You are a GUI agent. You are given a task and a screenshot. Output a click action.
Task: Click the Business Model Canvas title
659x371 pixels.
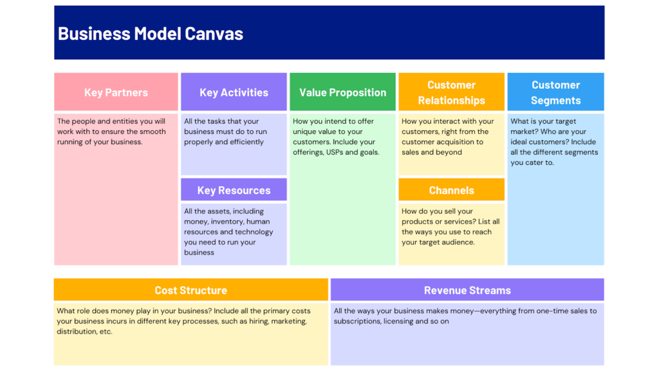[x=151, y=33]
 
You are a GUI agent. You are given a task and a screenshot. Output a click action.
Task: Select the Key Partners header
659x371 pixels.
[x=116, y=92]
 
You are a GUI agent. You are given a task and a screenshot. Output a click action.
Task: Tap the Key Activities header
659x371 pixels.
[x=234, y=92]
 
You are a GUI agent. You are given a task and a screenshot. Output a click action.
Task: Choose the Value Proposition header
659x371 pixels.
[x=342, y=92]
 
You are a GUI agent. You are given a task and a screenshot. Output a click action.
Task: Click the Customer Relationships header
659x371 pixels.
[x=451, y=92]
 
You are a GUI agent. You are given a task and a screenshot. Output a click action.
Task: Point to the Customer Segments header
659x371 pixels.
[x=555, y=92]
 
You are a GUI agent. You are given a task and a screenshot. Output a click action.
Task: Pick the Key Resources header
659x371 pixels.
[x=234, y=190]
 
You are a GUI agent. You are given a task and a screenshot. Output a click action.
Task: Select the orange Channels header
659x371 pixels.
[x=451, y=190]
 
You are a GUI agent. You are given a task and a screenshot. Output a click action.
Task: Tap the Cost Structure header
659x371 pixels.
[x=190, y=290]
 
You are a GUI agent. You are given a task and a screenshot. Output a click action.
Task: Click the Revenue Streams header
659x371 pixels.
[x=467, y=290]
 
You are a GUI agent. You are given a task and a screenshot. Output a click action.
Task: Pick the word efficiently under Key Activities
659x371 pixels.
[x=244, y=142]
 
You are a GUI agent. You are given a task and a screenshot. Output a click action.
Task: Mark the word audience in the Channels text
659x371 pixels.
[x=456, y=242]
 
